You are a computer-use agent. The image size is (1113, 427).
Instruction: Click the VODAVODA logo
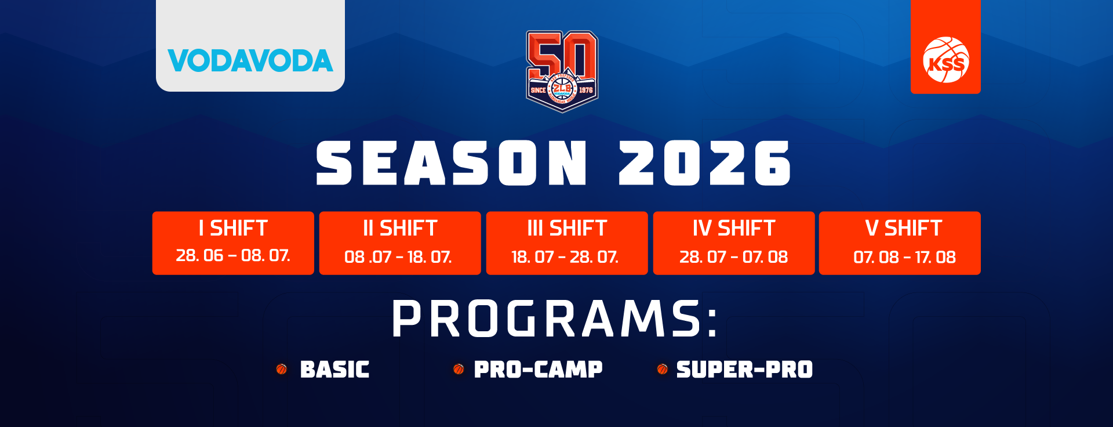[250, 61]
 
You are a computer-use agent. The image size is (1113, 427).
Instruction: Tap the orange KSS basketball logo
[945, 60]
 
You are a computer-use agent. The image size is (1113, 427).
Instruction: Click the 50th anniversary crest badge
[562, 71]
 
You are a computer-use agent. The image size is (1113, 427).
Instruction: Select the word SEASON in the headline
[452, 163]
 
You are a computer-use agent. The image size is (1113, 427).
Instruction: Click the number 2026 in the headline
[704, 163]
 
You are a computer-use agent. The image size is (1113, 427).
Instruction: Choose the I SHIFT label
[233, 228]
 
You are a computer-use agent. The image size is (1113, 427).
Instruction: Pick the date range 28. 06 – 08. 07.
[233, 255]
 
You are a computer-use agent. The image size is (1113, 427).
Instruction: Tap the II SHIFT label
[400, 228]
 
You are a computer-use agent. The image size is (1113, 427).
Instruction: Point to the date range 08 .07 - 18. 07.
[398, 257]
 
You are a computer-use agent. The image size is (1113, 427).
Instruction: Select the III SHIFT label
[567, 228]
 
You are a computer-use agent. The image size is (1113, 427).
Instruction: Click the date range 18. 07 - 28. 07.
[565, 257]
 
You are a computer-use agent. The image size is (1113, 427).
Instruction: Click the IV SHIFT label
[734, 228]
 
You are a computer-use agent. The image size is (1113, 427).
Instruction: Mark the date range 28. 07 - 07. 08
[734, 257]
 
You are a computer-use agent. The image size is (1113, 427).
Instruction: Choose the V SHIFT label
[904, 228]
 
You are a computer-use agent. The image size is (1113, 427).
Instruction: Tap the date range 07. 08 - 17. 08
[904, 257]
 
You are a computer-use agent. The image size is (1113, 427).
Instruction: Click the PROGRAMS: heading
[555, 319]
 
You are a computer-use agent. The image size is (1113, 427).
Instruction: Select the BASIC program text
[334, 370]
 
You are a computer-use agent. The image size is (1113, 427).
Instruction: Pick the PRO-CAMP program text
[538, 370]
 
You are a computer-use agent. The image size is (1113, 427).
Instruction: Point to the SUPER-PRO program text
[744, 370]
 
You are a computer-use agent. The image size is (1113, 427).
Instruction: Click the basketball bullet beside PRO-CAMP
[459, 369]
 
